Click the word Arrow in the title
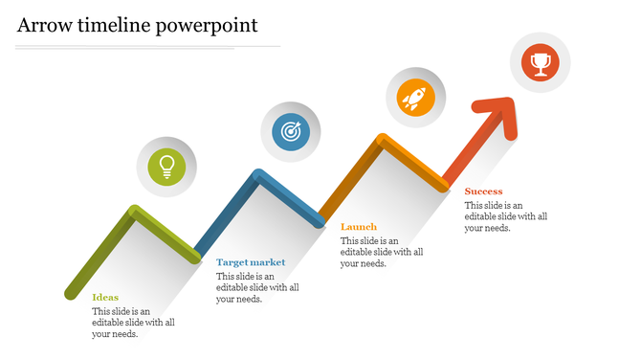point(44,25)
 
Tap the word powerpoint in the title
point(209,26)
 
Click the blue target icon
point(291,132)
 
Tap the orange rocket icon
point(415,97)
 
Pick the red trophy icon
point(540,63)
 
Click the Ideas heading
point(105,297)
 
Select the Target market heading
point(251,261)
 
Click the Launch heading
point(359,227)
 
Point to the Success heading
point(483,191)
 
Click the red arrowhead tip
point(512,102)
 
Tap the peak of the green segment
point(134,211)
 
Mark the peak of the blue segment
point(257,175)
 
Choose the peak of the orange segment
point(382,141)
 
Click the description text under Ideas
point(133,323)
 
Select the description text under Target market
point(257,287)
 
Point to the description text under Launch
point(382,252)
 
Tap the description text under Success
point(506,216)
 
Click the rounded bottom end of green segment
point(70,291)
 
